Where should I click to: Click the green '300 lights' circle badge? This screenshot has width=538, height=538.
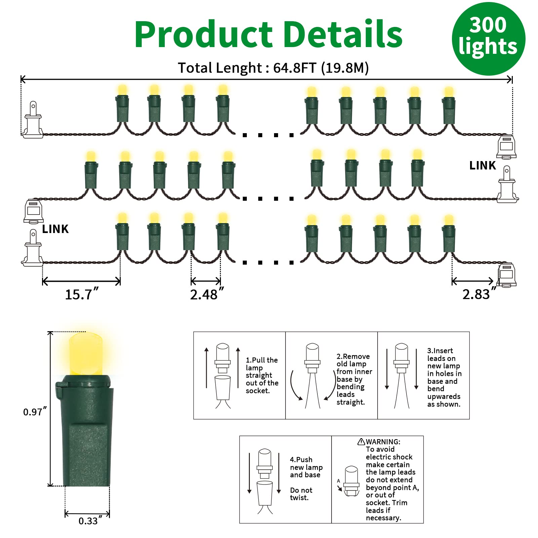(488, 39)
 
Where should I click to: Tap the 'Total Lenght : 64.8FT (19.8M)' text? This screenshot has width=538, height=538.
(273, 68)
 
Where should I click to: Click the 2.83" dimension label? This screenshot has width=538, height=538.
(479, 294)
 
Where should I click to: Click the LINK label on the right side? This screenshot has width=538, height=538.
(483, 165)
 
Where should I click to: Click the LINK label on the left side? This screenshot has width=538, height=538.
(55, 229)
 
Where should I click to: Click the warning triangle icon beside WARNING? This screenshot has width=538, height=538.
(361, 441)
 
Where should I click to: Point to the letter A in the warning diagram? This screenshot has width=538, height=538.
(338, 481)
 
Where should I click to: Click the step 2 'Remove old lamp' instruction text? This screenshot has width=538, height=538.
(354, 379)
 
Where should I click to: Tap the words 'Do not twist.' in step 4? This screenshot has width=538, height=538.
(301, 494)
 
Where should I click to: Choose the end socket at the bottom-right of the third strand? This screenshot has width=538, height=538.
(507, 275)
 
